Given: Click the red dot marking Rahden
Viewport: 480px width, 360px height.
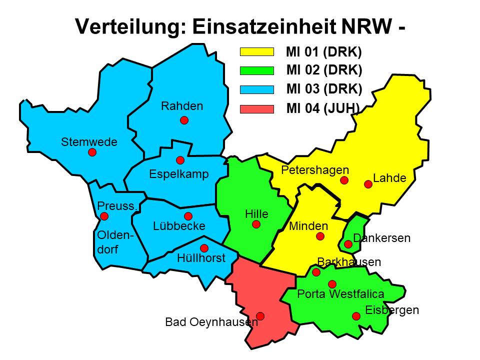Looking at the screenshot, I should [x=184, y=120].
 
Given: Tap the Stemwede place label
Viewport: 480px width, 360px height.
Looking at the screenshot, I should [x=89, y=142].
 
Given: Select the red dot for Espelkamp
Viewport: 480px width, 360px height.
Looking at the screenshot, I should [x=180, y=160].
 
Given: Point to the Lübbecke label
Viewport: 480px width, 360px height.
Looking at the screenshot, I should [x=179, y=226].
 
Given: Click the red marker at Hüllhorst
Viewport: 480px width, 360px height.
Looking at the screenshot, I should [x=204, y=248].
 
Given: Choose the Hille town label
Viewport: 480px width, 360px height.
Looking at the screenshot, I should [x=256, y=214].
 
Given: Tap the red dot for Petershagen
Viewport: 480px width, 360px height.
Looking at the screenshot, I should [x=344, y=180].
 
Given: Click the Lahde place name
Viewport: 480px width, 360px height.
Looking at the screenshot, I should [x=389, y=178].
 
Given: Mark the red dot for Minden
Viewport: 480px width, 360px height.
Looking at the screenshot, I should [x=320, y=236].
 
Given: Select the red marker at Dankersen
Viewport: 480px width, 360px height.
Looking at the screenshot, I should [x=348, y=244].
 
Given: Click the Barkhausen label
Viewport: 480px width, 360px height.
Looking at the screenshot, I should [x=349, y=262].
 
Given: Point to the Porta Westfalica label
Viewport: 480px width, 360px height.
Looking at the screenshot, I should [x=340, y=294].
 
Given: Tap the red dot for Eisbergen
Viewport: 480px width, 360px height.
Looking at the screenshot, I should [x=356, y=316].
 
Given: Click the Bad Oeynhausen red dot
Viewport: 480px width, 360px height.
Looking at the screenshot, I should [x=260, y=316].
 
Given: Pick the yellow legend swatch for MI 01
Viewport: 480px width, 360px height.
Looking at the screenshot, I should [x=257, y=51].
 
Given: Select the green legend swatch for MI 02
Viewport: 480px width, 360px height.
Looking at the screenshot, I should [x=257, y=70].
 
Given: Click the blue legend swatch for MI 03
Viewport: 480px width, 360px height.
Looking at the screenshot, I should [x=257, y=89].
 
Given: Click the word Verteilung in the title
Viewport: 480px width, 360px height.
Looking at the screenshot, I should [x=128, y=26].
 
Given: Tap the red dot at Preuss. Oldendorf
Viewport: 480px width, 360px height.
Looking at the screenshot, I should [x=104, y=216].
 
